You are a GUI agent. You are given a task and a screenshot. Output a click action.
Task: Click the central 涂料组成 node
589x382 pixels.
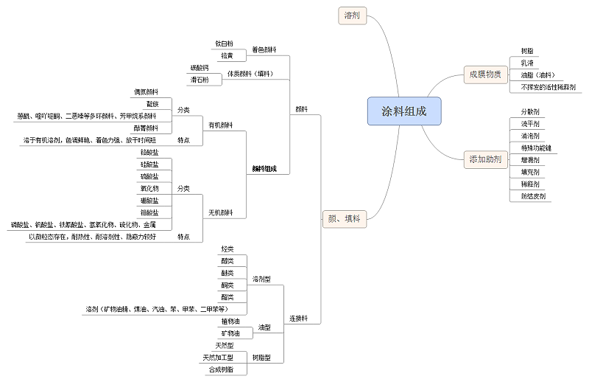click(x=404, y=111)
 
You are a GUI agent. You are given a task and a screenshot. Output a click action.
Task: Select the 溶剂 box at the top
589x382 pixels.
click(x=352, y=15)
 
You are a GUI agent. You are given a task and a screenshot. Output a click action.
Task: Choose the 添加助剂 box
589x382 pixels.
click(x=485, y=159)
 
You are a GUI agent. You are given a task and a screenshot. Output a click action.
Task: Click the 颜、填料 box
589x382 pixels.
click(x=343, y=218)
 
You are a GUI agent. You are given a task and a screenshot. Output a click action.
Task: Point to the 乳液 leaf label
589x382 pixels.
click(x=527, y=63)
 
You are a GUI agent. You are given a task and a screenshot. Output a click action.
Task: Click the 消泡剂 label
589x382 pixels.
click(x=529, y=136)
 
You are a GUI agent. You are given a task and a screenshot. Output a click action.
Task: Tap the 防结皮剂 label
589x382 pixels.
click(x=532, y=196)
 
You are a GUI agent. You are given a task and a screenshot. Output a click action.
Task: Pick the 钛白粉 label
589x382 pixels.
click(x=224, y=44)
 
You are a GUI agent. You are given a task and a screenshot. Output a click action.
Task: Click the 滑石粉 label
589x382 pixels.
click(x=200, y=79)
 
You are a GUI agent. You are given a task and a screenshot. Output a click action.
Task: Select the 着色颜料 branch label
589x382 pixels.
click(x=264, y=50)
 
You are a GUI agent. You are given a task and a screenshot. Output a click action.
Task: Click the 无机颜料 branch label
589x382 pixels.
click(x=221, y=213)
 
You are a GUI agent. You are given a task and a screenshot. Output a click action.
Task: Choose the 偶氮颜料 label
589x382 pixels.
click(x=146, y=92)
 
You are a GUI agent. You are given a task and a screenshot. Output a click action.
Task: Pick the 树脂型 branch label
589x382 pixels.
click(x=261, y=358)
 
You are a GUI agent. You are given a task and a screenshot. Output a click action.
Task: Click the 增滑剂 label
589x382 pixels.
click(x=529, y=159)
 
